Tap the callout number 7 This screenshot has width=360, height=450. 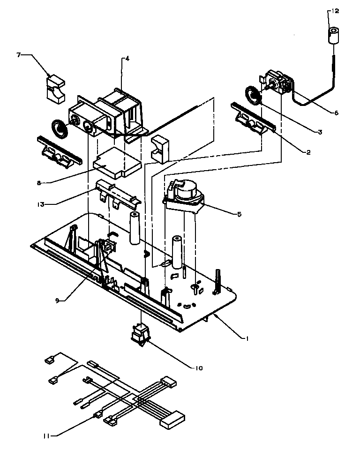click(x=19, y=55)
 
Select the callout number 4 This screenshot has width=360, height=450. click(x=127, y=59)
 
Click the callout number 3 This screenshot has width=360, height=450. click(x=320, y=132)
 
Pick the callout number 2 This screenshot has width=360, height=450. click(x=309, y=152)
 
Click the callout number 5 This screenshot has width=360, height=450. click(x=240, y=214)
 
